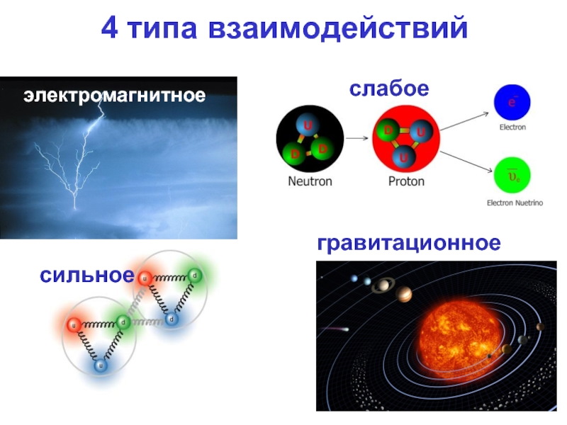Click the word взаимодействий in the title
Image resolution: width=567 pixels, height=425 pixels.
click(338, 29)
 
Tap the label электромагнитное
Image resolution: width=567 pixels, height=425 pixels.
click(115, 96)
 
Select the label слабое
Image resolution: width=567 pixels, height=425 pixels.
click(389, 89)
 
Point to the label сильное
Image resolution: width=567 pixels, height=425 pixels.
click(86, 275)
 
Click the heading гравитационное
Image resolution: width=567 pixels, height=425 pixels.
click(409, 243)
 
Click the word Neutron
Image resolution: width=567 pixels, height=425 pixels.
click(310, 181)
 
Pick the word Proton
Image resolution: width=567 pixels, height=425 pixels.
click(406, 181)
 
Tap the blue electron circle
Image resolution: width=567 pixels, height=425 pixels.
click(512, 102)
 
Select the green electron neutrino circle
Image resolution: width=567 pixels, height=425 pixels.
click(512, 176)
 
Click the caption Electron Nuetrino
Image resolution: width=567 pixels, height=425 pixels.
click(515, 203)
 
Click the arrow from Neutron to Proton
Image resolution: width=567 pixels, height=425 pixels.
click(357, 137)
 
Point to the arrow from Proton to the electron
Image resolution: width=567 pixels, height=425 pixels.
click(465, 121)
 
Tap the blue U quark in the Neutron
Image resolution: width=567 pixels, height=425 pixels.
click(308, 125)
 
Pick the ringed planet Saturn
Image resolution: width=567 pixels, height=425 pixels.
click(382, 286)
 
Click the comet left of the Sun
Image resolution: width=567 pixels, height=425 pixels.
click(335, 329)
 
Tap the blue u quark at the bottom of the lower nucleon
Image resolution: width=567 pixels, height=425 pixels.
click(101, 365)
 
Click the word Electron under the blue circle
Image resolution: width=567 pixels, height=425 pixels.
click(512, 127)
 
